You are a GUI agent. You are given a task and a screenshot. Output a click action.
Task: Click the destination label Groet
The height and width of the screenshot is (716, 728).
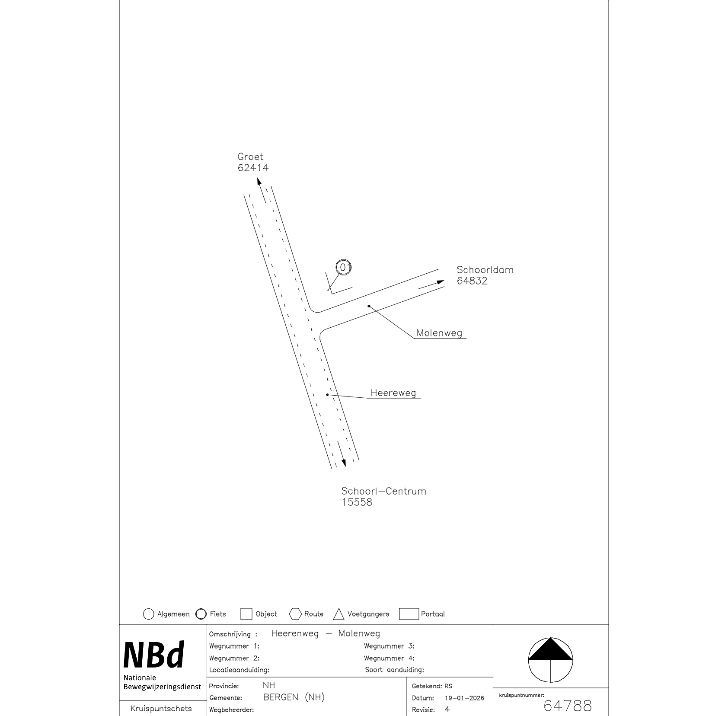[x=250, y=157]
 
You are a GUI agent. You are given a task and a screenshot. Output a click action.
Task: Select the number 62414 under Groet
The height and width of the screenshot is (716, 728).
[x=253, y=168]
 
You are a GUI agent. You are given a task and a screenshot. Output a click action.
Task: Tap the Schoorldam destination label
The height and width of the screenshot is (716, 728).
[x=485, y=270]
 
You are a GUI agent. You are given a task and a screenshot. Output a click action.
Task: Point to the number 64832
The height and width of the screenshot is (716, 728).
[x=472, y=281]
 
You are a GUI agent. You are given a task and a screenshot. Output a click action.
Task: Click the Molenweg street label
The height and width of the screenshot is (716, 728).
[x=439, y=333]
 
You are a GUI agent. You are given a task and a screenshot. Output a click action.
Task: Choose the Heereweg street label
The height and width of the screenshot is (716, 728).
[x=393, y=393]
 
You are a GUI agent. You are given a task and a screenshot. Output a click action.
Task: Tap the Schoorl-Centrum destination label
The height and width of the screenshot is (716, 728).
[x=383, y=491]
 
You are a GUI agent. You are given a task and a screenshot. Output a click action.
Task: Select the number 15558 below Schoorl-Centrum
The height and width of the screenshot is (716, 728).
[x=357, y=502]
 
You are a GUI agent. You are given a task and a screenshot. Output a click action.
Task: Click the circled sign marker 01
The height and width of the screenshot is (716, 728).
[x=344, y=268]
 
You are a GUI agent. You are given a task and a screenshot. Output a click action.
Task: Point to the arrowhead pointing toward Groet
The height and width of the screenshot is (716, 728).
[x=259, y=182]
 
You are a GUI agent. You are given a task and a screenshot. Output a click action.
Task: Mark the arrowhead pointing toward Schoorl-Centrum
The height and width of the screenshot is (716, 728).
[x=344, y=463]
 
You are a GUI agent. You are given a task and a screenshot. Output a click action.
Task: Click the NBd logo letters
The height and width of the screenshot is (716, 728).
[x=154, y=655]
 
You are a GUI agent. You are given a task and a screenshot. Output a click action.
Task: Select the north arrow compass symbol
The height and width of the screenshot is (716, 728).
[x=550, y=660]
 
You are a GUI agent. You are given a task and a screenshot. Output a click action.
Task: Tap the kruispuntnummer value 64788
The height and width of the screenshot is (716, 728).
[x=567, y=706]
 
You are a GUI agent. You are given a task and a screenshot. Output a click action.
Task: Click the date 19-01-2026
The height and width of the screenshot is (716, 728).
[x=464, y=698]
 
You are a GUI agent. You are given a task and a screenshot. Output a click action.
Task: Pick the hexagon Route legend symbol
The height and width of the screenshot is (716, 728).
[x=295, y=614]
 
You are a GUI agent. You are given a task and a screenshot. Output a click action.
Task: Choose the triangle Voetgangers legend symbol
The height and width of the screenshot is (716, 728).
[x=338, y=614]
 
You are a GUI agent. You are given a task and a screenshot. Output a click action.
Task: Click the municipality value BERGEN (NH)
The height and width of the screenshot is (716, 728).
[x=294, y=697]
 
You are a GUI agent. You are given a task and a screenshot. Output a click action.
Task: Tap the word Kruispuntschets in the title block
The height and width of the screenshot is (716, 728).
[x=161, y=708]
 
